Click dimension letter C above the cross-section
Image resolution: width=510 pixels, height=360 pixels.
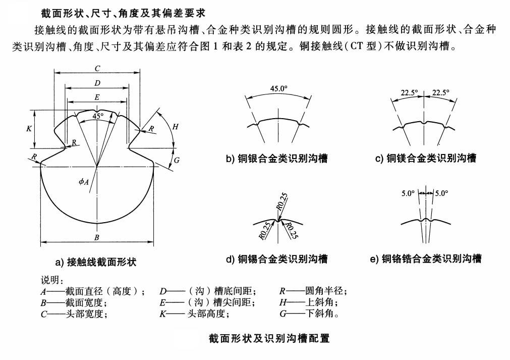[97, 68]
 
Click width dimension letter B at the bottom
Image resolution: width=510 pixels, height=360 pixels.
[97, 237]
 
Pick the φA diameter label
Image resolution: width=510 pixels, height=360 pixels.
[84, 183]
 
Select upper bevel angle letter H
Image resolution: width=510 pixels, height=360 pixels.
[175, 127]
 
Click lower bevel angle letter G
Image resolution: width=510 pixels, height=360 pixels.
[176, 161]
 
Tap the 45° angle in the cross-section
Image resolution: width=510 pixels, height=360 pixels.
[98, 116]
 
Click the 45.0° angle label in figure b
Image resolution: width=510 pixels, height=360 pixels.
[278, 88]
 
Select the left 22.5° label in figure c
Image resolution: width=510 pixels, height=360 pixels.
[409, 92]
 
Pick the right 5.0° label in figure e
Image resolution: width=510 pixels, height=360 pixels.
[441, 193]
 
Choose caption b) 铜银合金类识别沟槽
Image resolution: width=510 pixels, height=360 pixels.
[277, 159]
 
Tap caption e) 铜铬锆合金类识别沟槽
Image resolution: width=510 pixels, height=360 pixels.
[425, 259]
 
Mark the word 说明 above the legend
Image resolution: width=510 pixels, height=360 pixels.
[51, 280]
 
